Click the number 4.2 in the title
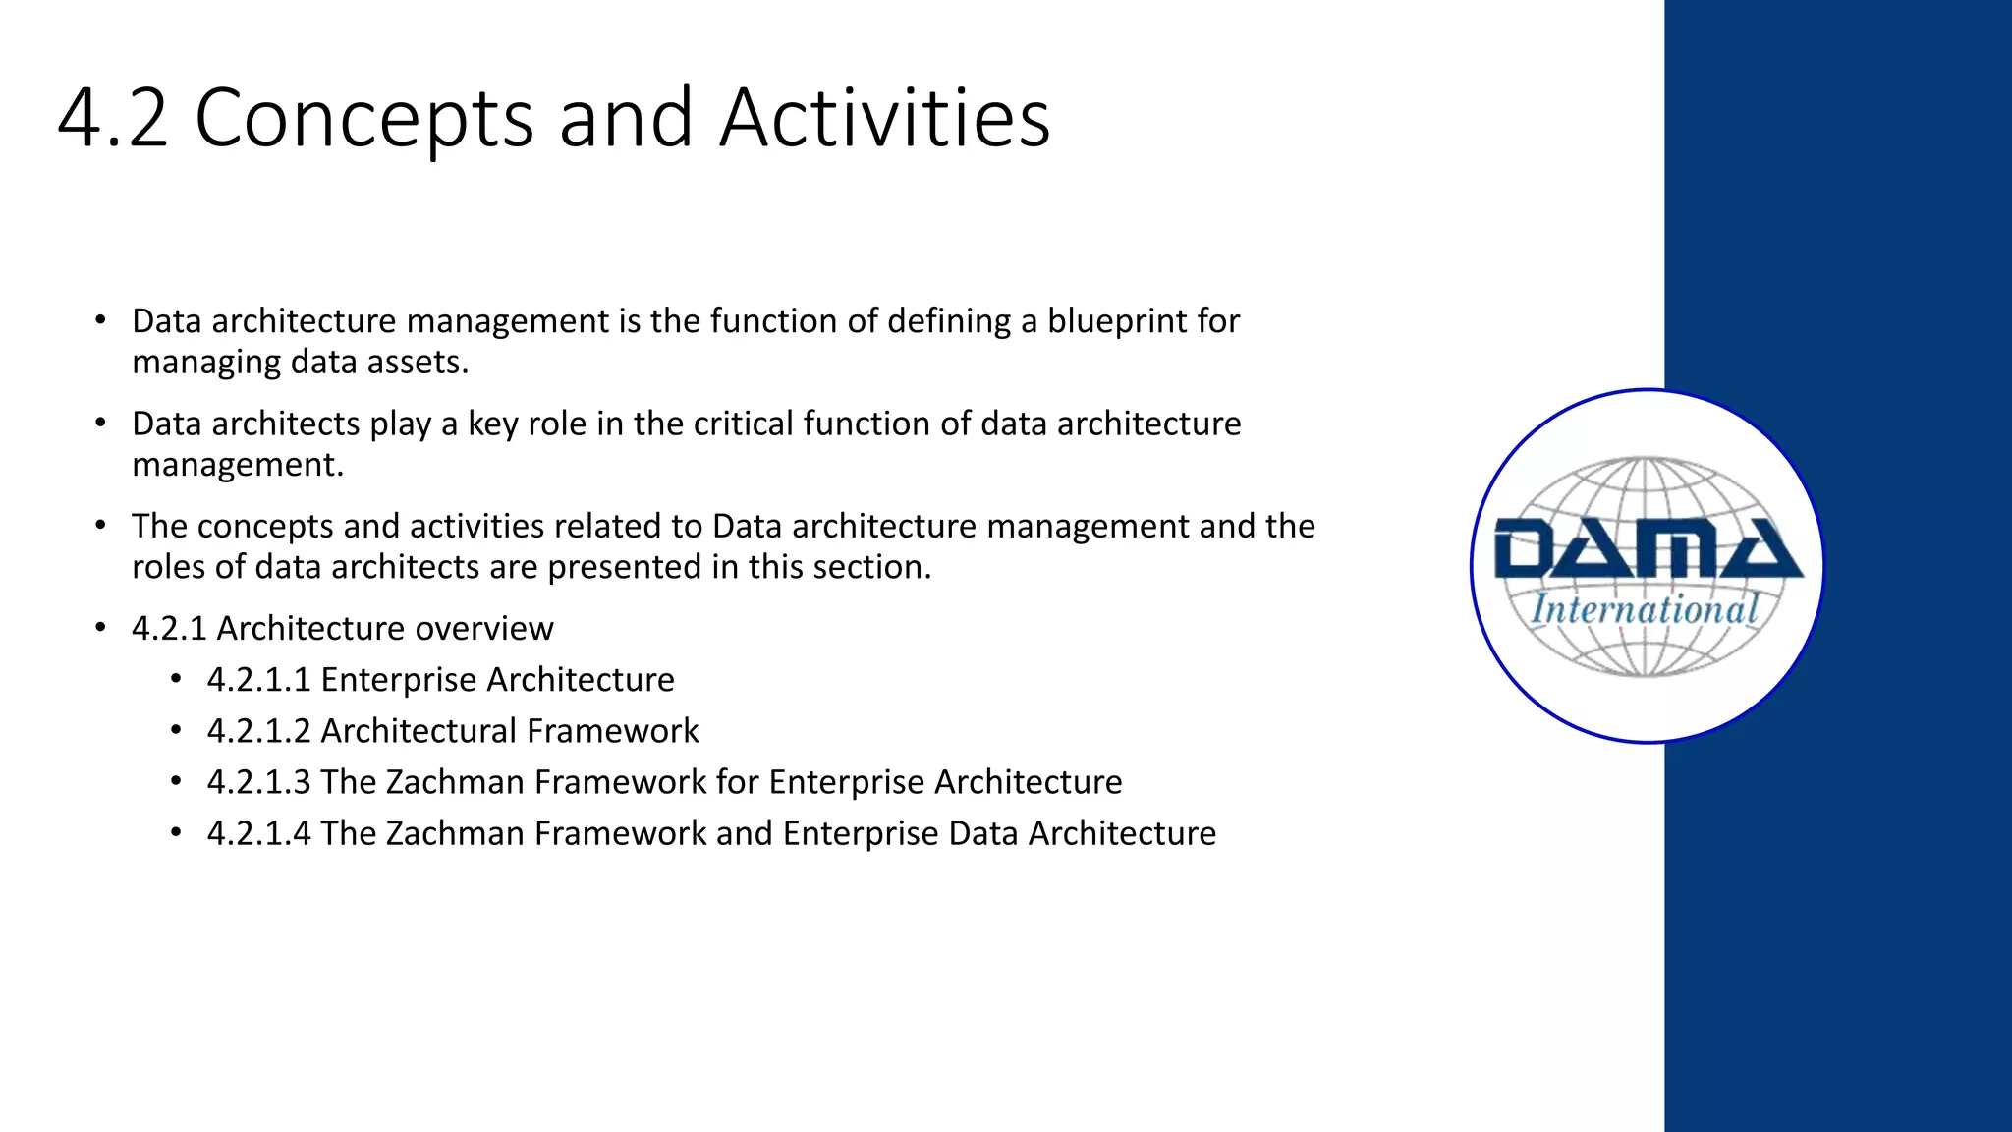[113, 119]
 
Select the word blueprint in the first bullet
[1116, 321]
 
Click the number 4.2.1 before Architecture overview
[169, 629]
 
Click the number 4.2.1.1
[258, 680]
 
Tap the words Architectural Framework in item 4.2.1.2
[509, 731]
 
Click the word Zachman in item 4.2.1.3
[455, 782]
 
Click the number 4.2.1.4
[258, 833]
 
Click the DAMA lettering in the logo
[1648, 550]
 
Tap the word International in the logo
[1645, 610]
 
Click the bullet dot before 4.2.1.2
[176, 731]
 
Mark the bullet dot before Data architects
[100, 424]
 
